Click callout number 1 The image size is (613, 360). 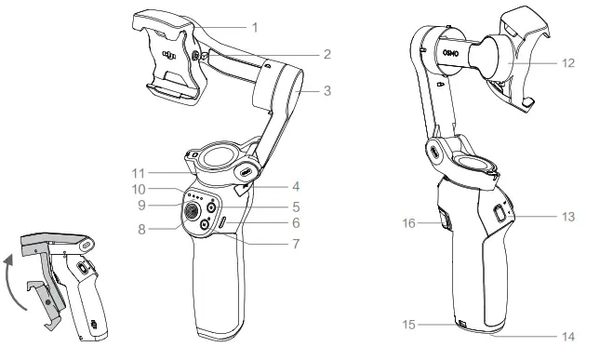click(255, 28)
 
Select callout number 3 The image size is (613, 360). click(327, 90)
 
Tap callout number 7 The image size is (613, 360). click(296, 244)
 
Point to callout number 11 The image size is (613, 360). click(139, 173)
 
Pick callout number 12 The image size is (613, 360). click(568, 63)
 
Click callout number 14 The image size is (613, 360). click(568, 336)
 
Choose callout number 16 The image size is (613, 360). click(409, 223)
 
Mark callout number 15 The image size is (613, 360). click(409, 325)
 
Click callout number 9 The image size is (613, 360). click(141, 206)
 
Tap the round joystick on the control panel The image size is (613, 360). click(192, 210)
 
